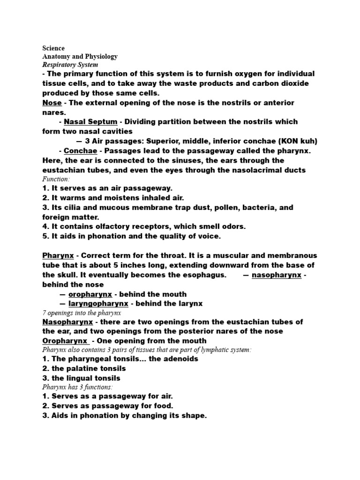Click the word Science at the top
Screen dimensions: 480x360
(x=53, y=48)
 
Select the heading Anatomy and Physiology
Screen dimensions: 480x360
(x=80, y=57)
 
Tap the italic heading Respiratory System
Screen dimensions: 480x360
(x=70, y=65)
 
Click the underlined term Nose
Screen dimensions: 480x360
(x=52, y=103)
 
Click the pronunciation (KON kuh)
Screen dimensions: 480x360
(x=295, y=141)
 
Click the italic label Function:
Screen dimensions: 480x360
(x=56, y=179)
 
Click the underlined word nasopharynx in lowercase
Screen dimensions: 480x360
(x=276, y=275)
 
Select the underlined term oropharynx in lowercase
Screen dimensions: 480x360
(x=90, y=294)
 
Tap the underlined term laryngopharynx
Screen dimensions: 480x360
(x=98, y=303)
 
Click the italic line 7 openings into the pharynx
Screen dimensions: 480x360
(x=82, y=313)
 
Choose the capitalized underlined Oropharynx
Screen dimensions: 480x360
(x=65, y=341)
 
